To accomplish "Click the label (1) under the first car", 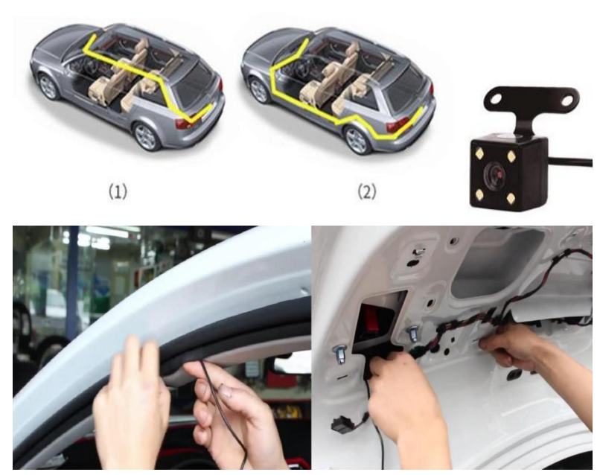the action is [118, 191].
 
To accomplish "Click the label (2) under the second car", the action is [366, 191].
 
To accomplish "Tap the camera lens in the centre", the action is [498, 175].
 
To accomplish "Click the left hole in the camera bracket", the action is [495, 99].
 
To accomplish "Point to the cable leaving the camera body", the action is [570, 161].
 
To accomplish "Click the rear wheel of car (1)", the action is [146, 137].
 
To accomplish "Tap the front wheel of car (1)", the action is [48, 86].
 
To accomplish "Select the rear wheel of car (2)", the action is [357, 140].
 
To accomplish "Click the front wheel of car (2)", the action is [258, 90].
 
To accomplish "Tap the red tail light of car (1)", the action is [184, 123].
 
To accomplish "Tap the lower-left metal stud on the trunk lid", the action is [340, 355].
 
